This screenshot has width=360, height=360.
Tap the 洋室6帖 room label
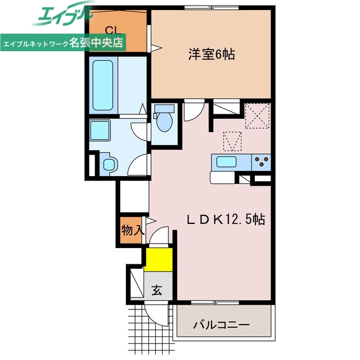pos(211,54)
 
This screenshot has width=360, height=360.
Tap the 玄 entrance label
pos(157,291)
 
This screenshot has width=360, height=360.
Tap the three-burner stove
pos(261,162)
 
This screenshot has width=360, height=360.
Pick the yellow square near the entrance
pos(158,259)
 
